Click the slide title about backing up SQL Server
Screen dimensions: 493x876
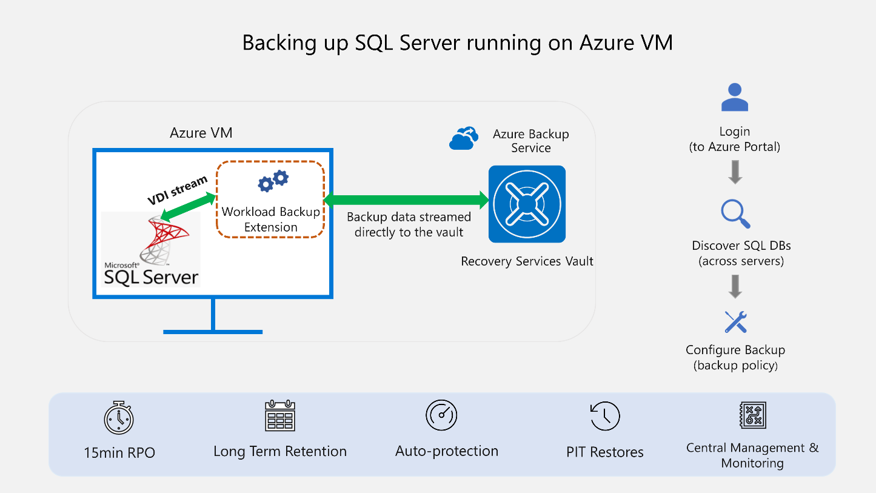pyautogui.click(x=457, y=43)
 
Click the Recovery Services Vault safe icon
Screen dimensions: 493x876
pyautogui.click(x=527, y=204)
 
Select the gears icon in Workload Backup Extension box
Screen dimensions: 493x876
pyautogui.click(x=273, y=181)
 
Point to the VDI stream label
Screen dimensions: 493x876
pyautogui.click(x=177, y=190)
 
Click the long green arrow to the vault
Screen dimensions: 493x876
pyautogui.click(x=407, y=200)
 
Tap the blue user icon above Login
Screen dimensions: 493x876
pyautogui.click(x=735, y=98)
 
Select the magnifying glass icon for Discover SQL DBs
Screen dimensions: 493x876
pyautogui.click(x=735, y=215)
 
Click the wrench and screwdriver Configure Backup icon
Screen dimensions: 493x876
pyautogui.click(x=735, y=322)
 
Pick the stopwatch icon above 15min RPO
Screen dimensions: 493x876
pyautogui.click(x=119, y=418)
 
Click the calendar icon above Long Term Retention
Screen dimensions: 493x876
pyautogui.click(x=279, y=415)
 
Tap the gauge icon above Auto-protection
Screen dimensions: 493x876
pyautogui.click(x=441, y=415)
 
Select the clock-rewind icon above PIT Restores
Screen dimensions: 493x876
pyautogui.click(x=604, y=417)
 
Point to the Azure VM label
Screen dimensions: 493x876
pyautogui.click(x=201, y=133)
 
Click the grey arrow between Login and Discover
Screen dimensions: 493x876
pyautogui.click(x=735, y=172)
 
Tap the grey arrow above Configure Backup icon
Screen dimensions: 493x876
pyautogui.click(x=735, y=286)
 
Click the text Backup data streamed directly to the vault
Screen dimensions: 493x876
pyautogui.click(x=409, y=224)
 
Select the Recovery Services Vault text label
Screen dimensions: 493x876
pyautogui.click(x=527, y=261)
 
